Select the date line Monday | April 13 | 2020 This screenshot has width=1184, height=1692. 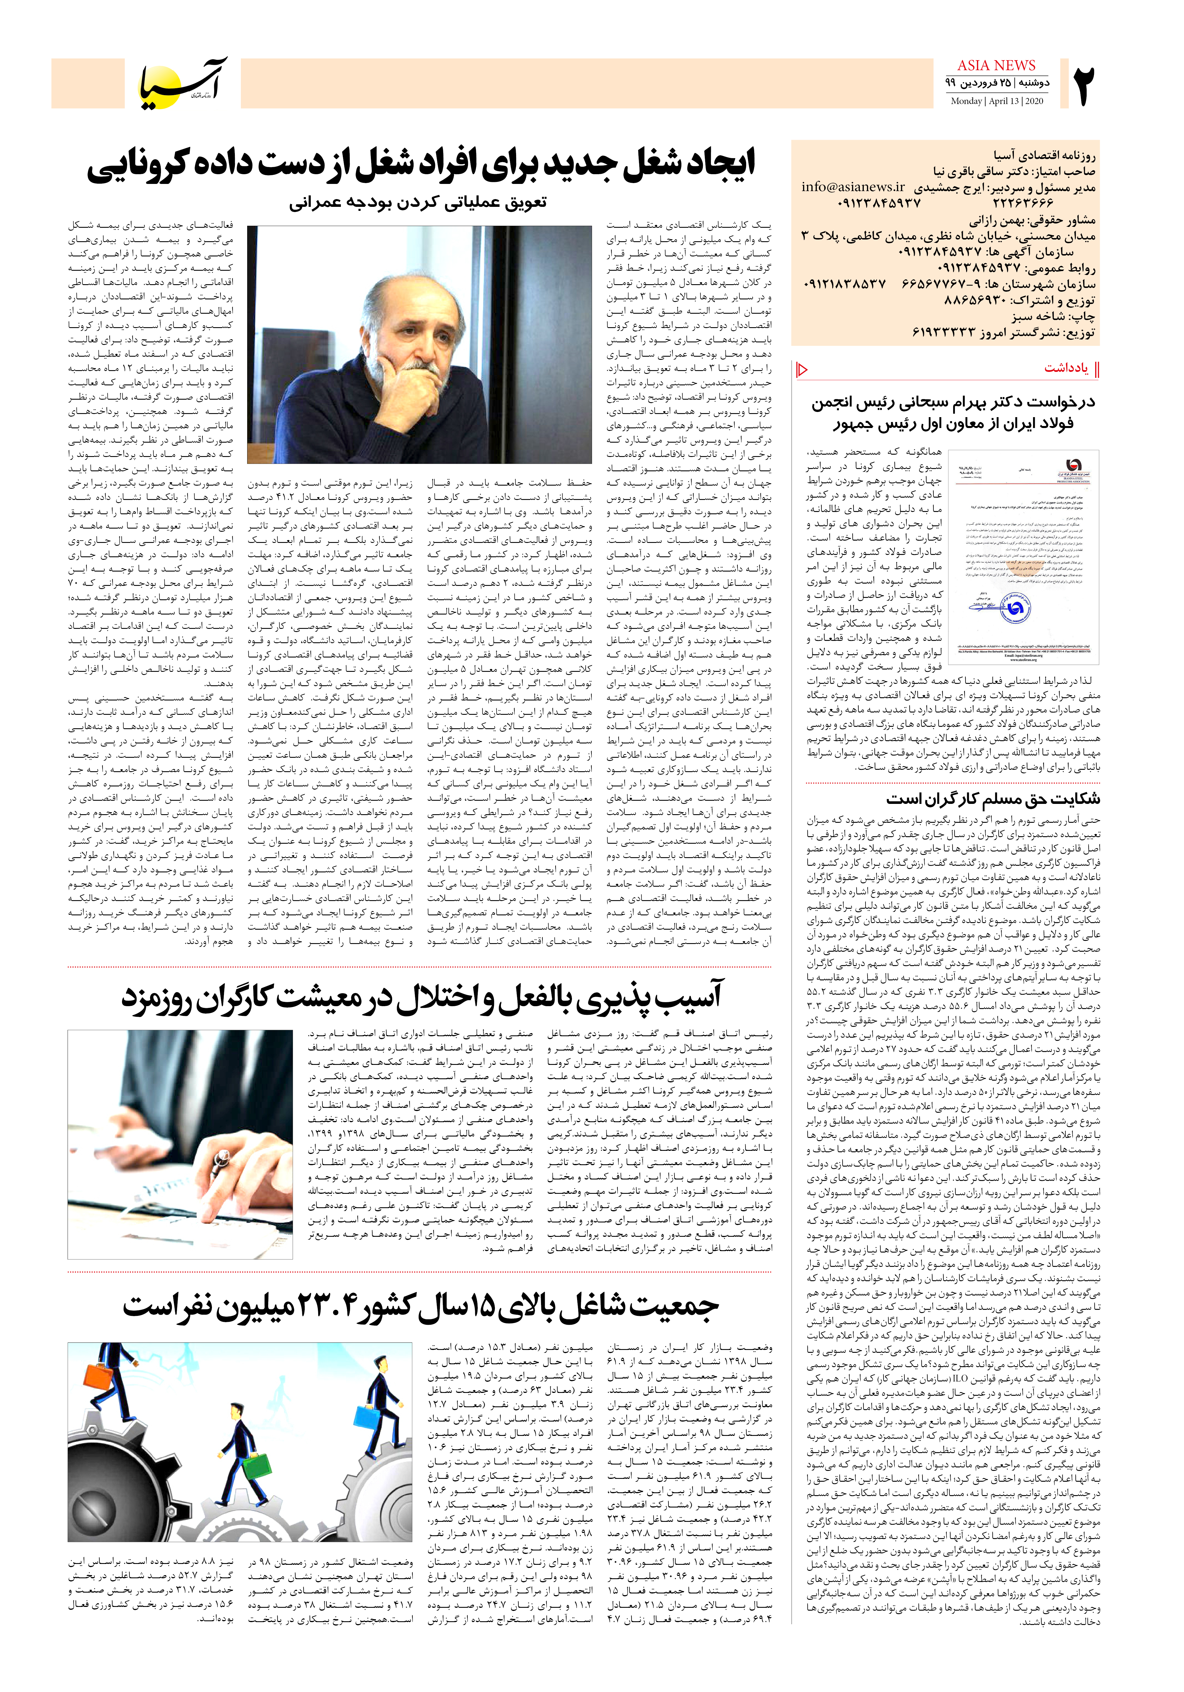(996, 101)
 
